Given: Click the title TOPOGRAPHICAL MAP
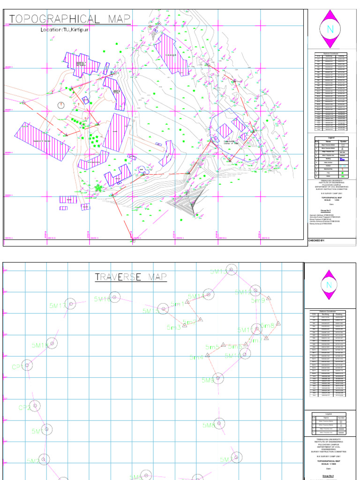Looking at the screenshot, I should pos(69,19).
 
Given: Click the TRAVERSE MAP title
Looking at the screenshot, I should pos(131,277).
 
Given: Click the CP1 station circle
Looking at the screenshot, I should pos(27,365).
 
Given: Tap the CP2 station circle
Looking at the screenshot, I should pos(35,405).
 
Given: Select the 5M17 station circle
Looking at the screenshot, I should pos(70,304).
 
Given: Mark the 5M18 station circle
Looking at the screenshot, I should pos(114,297).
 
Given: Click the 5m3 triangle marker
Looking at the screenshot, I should pos(185,324).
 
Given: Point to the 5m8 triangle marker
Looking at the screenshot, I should pos(278,323).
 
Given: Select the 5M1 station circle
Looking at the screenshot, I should pos(46,429).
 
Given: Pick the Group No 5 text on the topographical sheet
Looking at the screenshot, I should pos(325,211).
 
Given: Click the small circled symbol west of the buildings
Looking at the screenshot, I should pos(61,105).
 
